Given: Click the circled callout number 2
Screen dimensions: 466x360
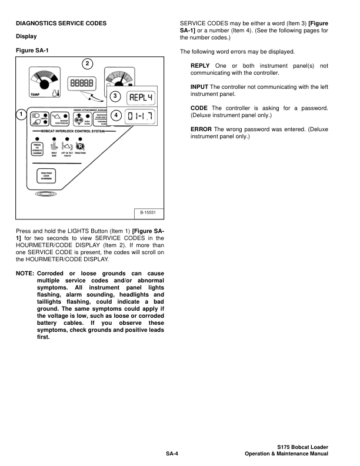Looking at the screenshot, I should pos(88,64).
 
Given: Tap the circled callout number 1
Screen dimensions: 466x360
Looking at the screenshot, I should pos(21,114).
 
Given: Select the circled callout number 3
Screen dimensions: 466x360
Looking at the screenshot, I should pos(116,95).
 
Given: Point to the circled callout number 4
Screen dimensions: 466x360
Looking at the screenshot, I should pos(116,115).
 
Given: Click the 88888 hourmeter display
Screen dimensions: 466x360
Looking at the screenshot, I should pos(81,84).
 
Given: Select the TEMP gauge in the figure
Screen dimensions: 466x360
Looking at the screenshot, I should pos(41,82).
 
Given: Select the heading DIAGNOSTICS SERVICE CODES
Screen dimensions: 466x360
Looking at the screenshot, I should pos(61,23).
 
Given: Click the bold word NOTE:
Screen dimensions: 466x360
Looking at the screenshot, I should pos(25,274).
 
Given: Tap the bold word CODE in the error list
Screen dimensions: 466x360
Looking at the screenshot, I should pos(199,108).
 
